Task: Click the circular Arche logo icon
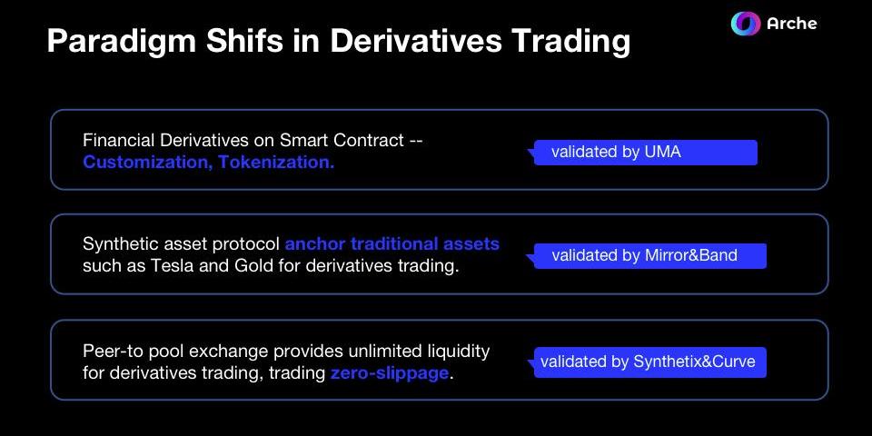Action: (745, 24)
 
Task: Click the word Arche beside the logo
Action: (792, 24)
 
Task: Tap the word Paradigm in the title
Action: (121, 43)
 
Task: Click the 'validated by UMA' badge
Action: (646, 153)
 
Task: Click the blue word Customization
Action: (147, 163)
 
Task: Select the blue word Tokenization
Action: (276, 163)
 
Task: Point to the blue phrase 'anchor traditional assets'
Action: (392, 243)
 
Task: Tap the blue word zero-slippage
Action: (390, 373)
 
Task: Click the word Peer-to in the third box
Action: (111, 351)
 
